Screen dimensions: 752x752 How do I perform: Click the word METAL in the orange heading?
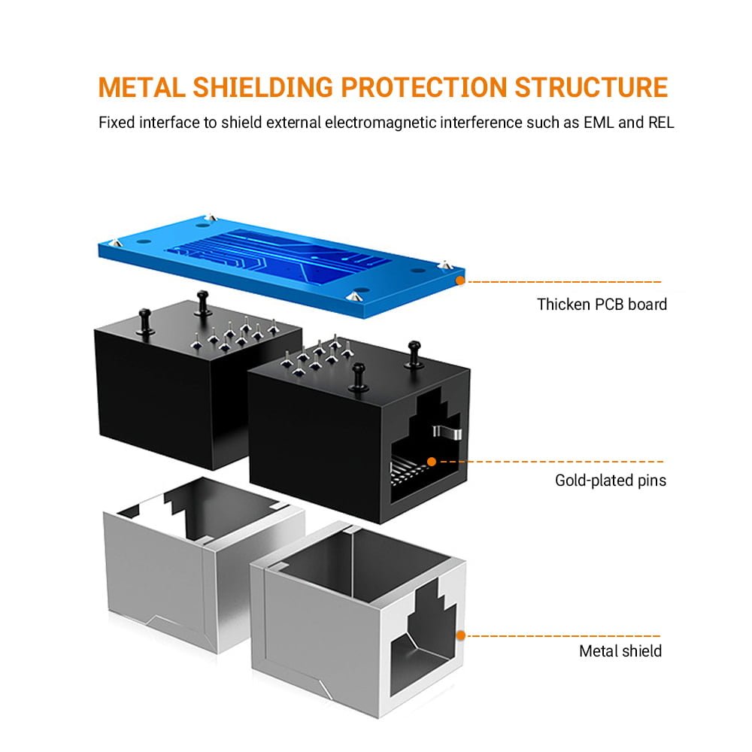[x=141, y=87]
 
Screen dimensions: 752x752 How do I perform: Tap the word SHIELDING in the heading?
[x=262, y=87]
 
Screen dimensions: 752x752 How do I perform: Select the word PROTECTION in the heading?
[x=423, y=87]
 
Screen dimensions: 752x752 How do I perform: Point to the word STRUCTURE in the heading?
[x=590, y=87]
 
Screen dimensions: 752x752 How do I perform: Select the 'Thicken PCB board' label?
[x=602, y=305]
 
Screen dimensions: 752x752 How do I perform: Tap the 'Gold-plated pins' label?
[x=611, y=480]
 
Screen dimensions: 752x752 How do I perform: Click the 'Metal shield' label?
[x=620, y=651]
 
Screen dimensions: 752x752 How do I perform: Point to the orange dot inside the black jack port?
[x=432, y=462]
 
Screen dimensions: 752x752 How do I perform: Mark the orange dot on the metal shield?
[x=461, y=635]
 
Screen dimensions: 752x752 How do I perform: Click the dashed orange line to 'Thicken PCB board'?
[x=564, y=282]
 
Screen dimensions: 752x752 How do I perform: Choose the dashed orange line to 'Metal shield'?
[x=564, y=635]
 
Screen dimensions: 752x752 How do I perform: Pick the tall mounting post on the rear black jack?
[x=201, y=305]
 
